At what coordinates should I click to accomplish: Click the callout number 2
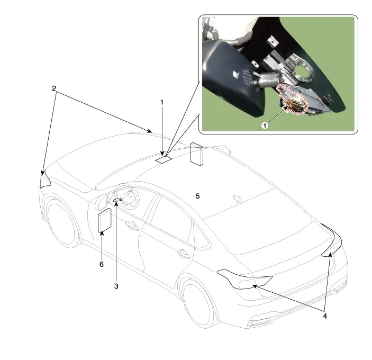pyautogui.click(x=54, y=88)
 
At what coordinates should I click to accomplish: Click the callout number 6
pyautogui.click(x=102, y=264)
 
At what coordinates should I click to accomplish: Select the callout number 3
pyautogui.click(x=116, y=286)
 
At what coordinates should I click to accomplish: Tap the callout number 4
pyautogui.click(x=325, y=316)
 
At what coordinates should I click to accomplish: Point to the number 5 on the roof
pyautogui.click(x=197, y=196)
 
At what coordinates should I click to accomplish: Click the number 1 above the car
pyautogui.click(x=162, y=103)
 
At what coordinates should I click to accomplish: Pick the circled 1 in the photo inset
pyautogui.click(x=265, y=125)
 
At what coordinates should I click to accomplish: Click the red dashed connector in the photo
pyautogui.click(x=292, y=99)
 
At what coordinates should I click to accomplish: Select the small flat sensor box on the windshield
pyautogui.click(x=164, y=159)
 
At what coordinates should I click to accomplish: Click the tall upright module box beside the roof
pyautogui.click(x=196, y=154)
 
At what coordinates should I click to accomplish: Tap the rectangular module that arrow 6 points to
pyautogui.click(x=105, y=220)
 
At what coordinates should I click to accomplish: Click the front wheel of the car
pyautogui.click(x=61, y=222)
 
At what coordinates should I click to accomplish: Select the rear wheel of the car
pyautogui.click(x=199, y=303)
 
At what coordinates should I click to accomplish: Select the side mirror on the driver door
pyautogui.click(x=101, y=202)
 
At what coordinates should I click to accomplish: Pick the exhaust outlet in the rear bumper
pyautogui.click(x=257, y=323)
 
